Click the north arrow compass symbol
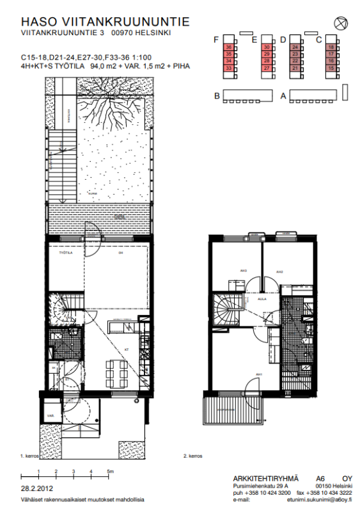pyautogui.click(x=340, y=23)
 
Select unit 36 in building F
pyautogui.click(x=228, y=47)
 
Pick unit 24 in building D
pyautogui.click(x=295, y=47)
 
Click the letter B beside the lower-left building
pyautogui.click(x=217, y=96)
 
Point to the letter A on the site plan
pyautogui.click(x=283, y=96)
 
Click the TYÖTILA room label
pyautogui.click(x=65, y=253)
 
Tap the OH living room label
pyautogui.click(x=120, y=253)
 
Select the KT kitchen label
pyautogui.click(x=127, y=349)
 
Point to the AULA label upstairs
pyautogui.click(x=261, y=298)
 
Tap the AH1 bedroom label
pyautogui.click(x=259, y=374)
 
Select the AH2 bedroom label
pyautogui.click(x=279, y=272)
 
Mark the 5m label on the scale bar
pyautogui.click(x=111, y=471)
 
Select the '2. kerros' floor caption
pyautogui.click(x=193, y=456)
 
